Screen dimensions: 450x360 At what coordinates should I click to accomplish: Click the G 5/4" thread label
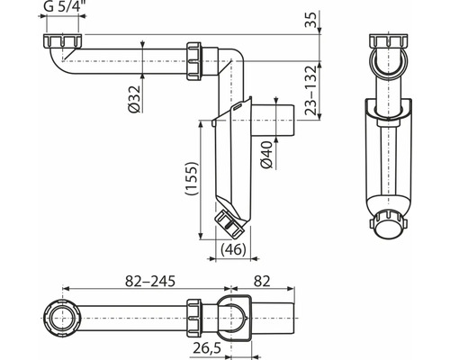63,6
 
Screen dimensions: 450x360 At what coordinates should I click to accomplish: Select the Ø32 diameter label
134,99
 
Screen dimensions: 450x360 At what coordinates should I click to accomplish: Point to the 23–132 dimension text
310,90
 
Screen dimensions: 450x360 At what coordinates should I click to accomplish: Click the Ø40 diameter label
266,155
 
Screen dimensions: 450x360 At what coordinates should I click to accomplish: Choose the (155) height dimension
192,179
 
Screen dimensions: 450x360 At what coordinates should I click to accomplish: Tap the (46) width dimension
233,249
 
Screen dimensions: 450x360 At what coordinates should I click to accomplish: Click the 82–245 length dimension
149,282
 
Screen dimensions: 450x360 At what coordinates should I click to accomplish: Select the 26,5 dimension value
207,348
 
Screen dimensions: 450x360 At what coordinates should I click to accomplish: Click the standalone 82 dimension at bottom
262,282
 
